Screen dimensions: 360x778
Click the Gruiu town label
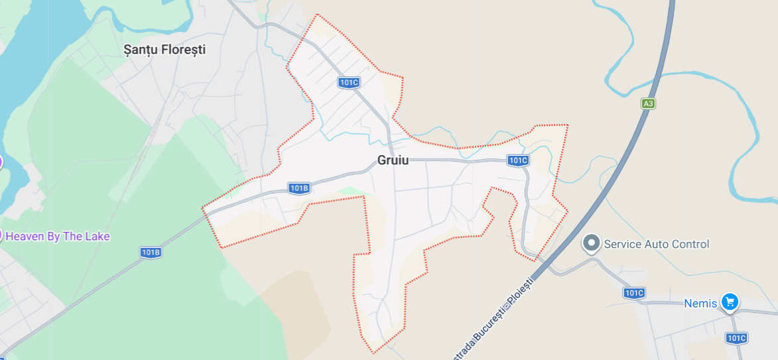click(x=393, y=160)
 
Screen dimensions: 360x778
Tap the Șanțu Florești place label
click(x=165, y=49)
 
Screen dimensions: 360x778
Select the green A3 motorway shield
click(x=648, y=103)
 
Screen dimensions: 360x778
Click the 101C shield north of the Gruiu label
click(x=348, y=82)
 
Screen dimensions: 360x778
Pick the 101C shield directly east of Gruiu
click(x=517, y=160)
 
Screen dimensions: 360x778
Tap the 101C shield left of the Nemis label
click(x=633, y=292)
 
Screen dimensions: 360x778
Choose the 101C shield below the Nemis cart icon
click(x=736, y=338)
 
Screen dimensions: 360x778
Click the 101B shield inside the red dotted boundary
click(x=299, y=188)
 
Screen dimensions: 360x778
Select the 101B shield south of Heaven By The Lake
click(x=151, y=252)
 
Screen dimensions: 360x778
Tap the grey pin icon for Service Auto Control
click(x=591, y=243)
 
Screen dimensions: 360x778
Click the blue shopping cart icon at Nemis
click(x=730, y=302)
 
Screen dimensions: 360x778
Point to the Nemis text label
click(x=700, y=304)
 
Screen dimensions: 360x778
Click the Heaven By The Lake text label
click(x=58, y=236)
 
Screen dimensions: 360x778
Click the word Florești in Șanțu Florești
click(x=182, y=49)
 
